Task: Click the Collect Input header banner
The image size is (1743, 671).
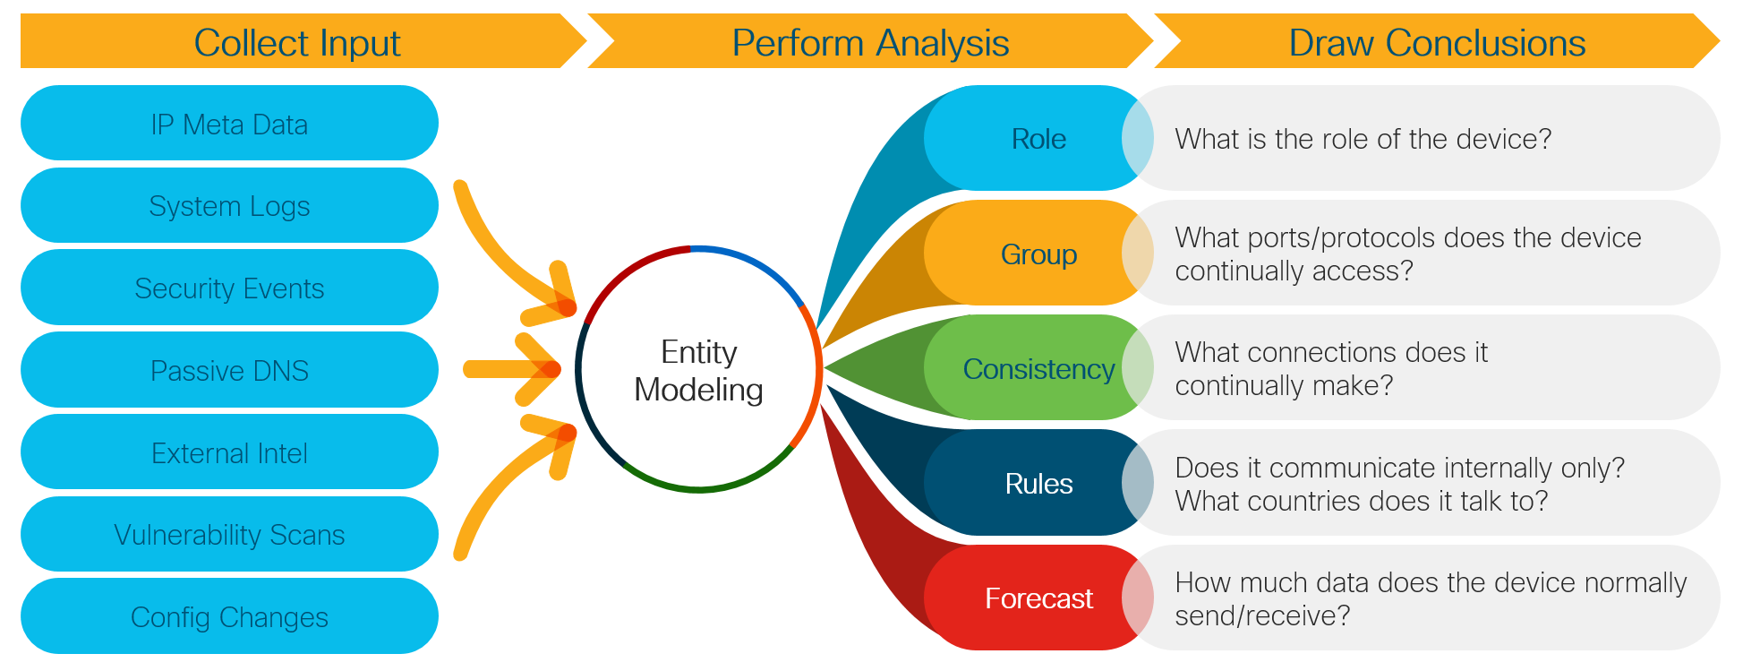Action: pos(300,41)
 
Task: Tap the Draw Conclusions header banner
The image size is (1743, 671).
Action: pos(1437,41)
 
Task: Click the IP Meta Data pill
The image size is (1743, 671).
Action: pos(229,124)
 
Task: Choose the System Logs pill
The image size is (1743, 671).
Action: pos(229,205)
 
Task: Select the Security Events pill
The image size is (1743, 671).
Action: pos(229,288)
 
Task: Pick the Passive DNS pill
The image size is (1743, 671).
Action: pos(229,370)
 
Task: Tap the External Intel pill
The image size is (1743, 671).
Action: pos(229,452)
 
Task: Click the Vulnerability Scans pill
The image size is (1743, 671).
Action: pos(229,534)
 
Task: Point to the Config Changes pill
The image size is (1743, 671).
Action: pos(229,616)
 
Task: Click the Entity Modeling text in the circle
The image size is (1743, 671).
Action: pos(698,371)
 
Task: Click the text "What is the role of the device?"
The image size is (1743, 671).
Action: pos(1363,139)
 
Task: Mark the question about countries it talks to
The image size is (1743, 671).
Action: pos(1362,500)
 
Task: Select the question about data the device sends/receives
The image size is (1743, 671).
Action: pos(1431,598)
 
